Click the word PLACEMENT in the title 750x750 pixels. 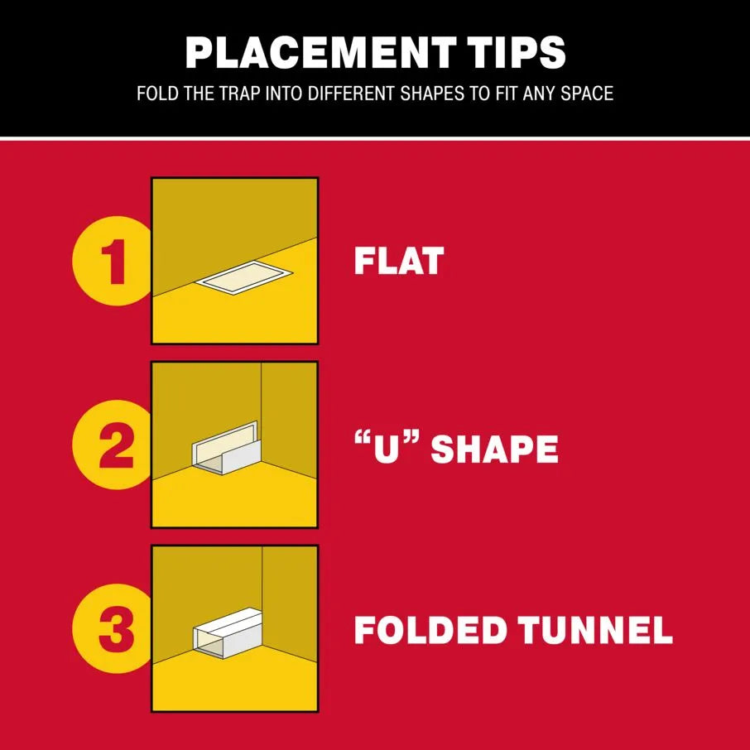tap(320, 52)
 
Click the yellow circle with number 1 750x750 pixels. tap(113, 261)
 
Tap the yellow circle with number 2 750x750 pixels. tap(113, 445)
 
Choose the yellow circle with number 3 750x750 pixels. tap(113, 628)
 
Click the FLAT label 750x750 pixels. tap(399, 261)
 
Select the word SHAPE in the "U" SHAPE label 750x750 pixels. tap(494, 449)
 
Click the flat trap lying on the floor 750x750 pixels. tap(243, 277)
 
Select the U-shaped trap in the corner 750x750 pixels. tap(226, 449)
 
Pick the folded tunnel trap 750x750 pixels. tap(228, 632)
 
